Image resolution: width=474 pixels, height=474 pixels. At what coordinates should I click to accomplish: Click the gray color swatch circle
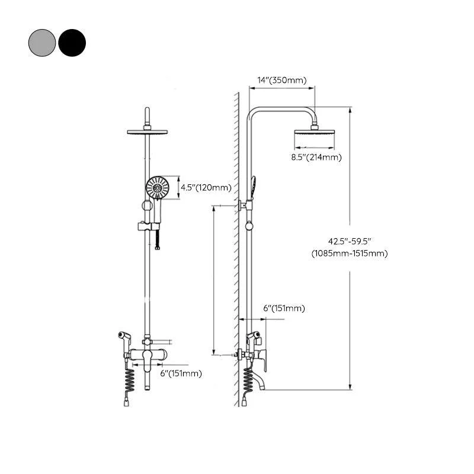[x=42, y=43]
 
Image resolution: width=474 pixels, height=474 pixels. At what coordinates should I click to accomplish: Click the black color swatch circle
[x=72, y=43]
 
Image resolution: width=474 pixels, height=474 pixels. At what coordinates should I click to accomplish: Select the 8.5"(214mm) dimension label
[x=316, y=157]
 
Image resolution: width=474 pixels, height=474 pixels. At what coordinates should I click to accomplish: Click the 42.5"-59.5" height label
[x=349, y=242]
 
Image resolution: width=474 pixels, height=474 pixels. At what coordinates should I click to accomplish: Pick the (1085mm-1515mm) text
[x=350, y=254]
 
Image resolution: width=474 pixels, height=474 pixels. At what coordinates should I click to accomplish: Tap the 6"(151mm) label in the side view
[x=284, y=308]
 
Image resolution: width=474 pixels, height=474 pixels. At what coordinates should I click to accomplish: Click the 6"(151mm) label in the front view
[x=181, y=373]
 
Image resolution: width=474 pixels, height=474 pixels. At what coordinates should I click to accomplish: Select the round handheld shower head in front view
[x=158, y=188]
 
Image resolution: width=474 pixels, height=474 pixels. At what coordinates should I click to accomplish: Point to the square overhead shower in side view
[x=315, y=138]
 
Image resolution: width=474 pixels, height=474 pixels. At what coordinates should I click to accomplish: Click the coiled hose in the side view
[x=248, y=382]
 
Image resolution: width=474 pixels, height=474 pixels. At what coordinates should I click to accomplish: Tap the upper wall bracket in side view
[x=243, y=206]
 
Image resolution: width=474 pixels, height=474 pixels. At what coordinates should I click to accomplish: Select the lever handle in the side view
[x=263, y=358]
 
